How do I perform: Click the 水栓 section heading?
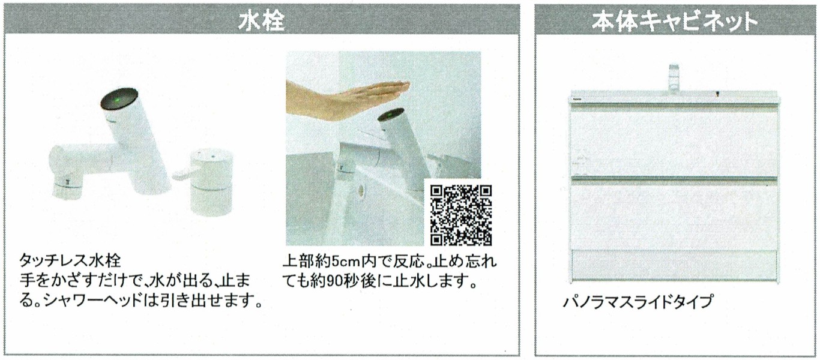point(262,22)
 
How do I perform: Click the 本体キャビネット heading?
point(675,22)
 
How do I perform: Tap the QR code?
point(461,215)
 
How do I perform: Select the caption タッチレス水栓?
point(70,261)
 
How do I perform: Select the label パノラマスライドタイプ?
point(638,302)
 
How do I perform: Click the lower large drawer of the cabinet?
point(674,216)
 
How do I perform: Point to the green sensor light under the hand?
point(391,117)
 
